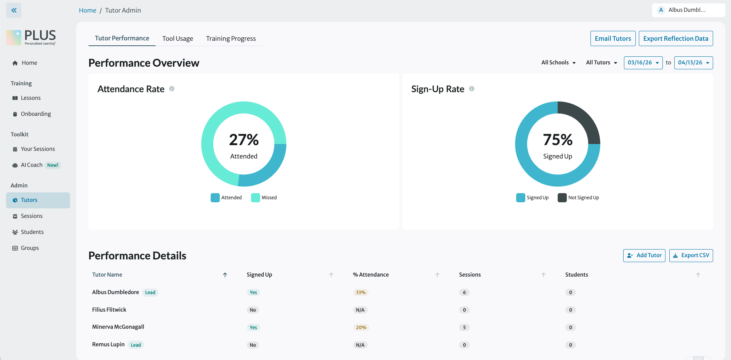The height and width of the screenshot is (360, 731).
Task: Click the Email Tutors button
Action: pos(613,38)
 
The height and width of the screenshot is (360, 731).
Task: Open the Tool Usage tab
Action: pos(178,38)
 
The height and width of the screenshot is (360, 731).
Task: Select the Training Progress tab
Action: pos(231,38)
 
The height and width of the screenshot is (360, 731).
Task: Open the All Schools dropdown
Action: pos(558,62)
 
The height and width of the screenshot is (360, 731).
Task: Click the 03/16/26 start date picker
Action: pos(643,63)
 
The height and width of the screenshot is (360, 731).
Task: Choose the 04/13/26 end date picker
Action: pos(693,63)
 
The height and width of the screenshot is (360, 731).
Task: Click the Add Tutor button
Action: pos(644,256)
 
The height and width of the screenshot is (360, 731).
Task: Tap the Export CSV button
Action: pos(691,256)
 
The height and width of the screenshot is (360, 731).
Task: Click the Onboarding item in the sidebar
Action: pos(36,114)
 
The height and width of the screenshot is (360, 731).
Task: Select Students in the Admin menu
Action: pos(32,232)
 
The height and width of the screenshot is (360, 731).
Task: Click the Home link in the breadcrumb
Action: pos(87,10)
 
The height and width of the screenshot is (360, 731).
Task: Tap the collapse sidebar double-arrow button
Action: pos(14,10)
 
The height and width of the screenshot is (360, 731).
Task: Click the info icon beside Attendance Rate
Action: pos(172,89)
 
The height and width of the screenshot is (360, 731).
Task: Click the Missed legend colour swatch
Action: pos(256,198)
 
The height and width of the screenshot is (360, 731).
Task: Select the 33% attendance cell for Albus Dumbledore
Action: pos(360,293)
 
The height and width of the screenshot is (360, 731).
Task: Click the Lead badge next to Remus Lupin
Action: pos(136,345)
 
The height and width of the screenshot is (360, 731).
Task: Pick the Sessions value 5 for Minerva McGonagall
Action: pos(464,328)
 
